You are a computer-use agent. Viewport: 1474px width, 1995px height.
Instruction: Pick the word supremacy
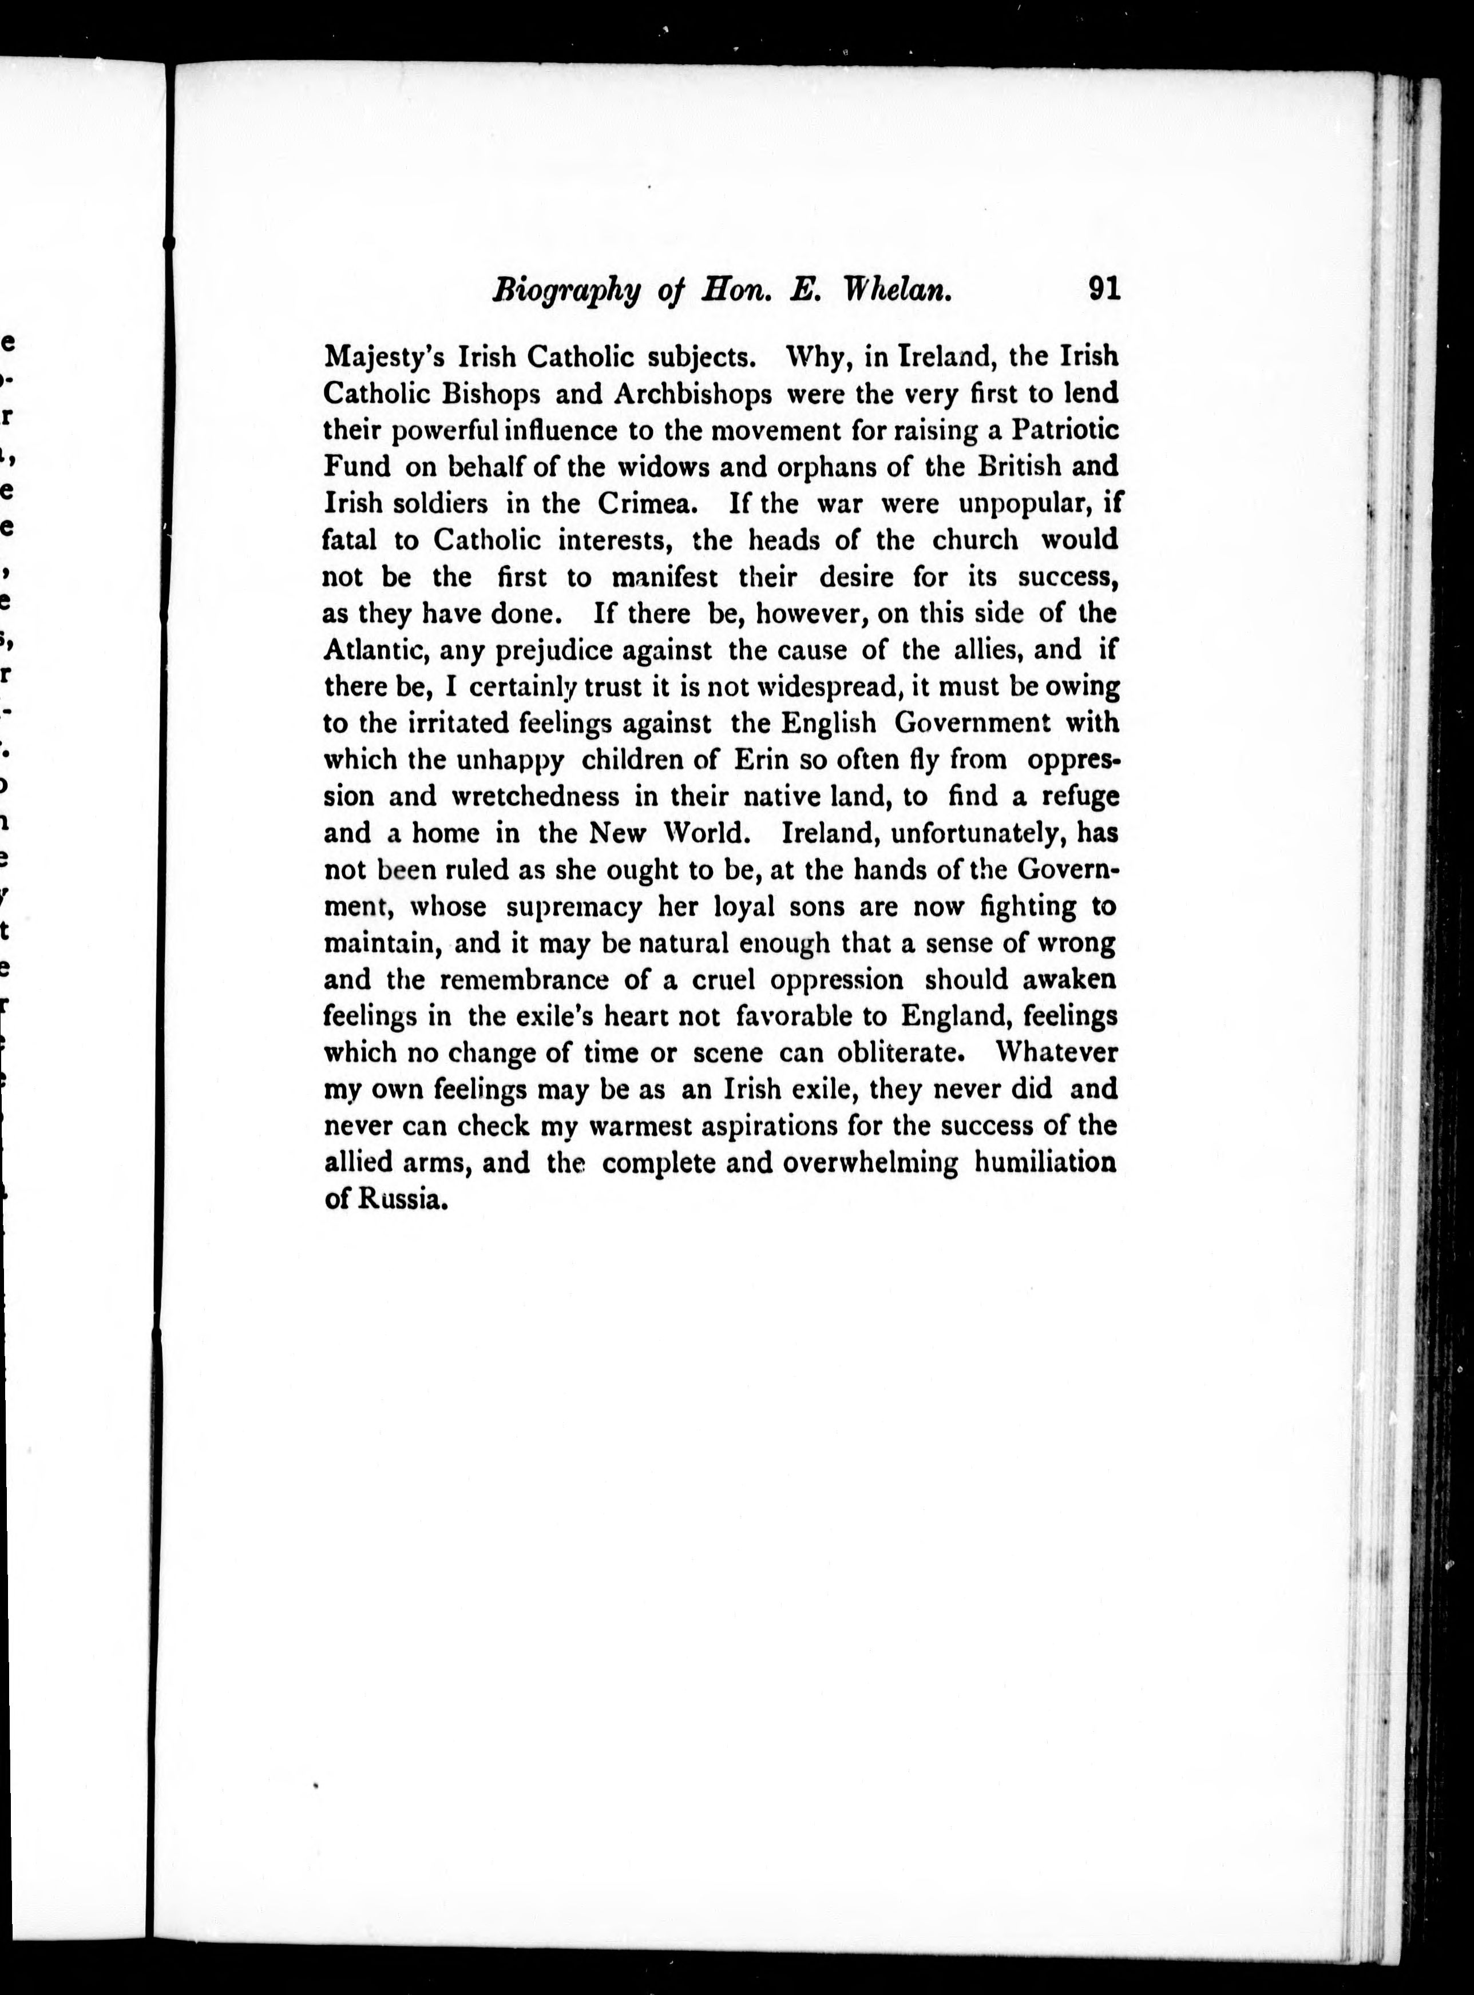pyautogui.click(x=574, y=907)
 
